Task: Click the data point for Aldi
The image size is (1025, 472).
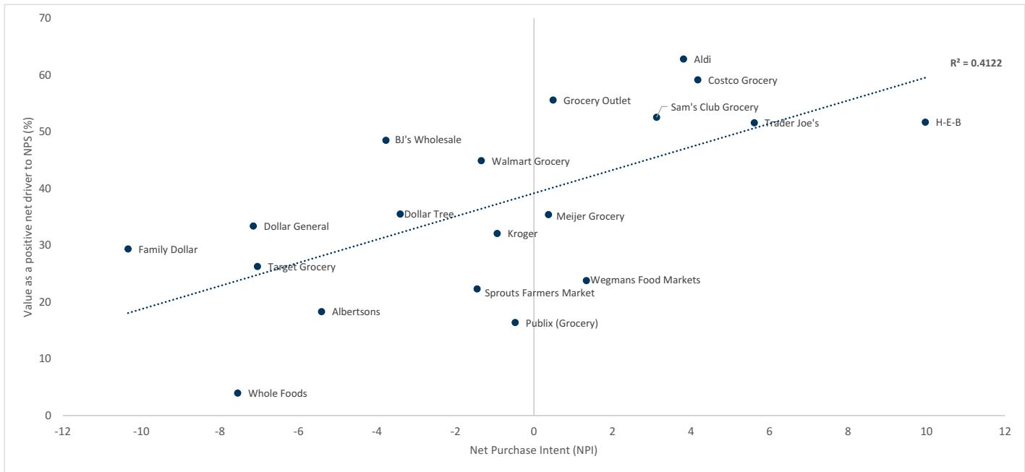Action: click(684, 59)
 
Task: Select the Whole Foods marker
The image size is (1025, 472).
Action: click(237, 393)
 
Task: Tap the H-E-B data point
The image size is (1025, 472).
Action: click(925, 122)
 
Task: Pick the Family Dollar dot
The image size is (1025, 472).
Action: click(128, 249)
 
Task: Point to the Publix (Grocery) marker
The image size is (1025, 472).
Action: click(515, 323)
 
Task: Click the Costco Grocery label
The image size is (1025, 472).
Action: click(742, 81)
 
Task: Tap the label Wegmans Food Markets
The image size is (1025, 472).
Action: click(645, 280)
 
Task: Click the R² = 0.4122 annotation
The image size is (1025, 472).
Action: click(976, 64)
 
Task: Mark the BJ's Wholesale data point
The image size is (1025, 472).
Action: click(386, 140)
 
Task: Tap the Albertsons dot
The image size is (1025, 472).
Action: click(321, 312)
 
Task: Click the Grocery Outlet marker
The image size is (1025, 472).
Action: click(553, 100)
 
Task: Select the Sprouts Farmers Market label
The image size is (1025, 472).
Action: click(539, 293)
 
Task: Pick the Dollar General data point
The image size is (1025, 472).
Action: click(253, 226)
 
